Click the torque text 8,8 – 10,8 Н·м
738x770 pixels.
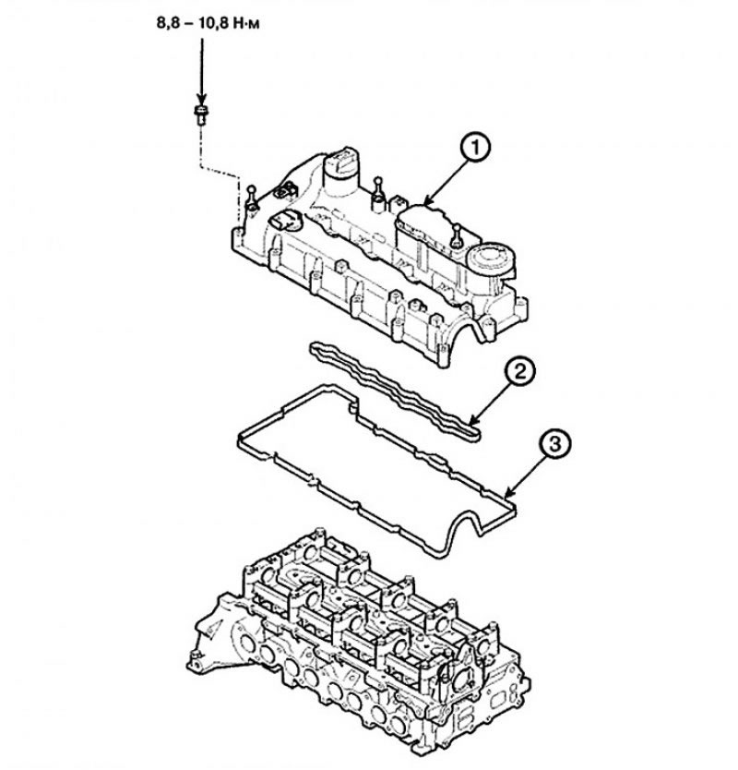coord(208,23)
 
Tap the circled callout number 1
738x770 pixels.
coord(474,149)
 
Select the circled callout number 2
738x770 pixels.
coord(520,372)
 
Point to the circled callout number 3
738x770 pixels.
coord(554,446)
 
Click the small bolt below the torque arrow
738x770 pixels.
coord(201,114)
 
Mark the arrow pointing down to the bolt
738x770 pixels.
coord(201,70)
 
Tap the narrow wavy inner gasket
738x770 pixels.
coord(395,391)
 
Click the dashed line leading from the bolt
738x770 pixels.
coord(220,176)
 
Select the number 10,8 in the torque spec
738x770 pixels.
coord(214,23)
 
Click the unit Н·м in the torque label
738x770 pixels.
coord(246,23)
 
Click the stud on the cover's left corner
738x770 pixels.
coord(251,199)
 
